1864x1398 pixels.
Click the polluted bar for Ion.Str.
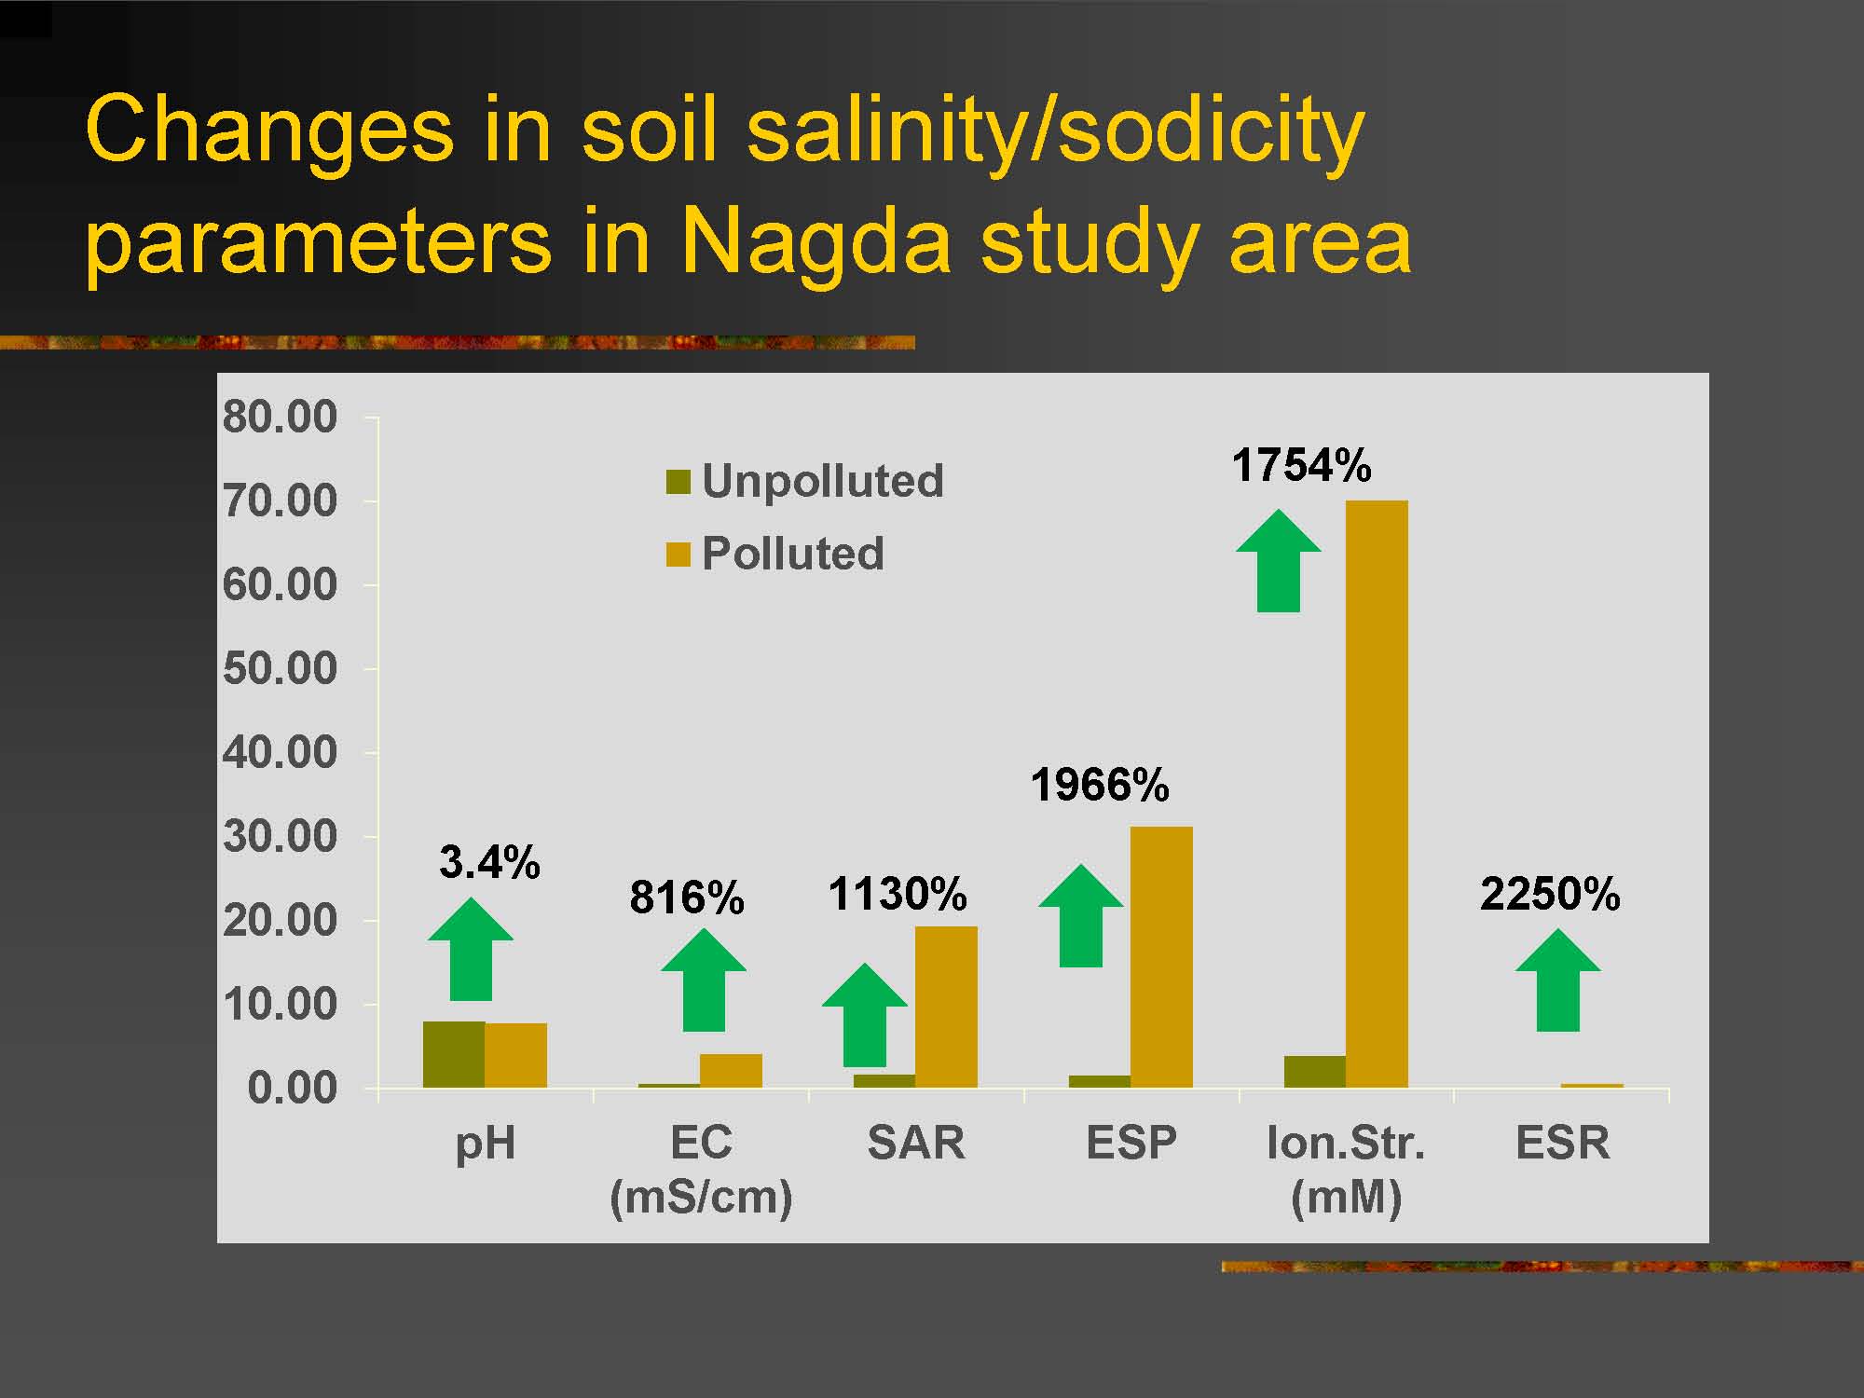click(x=1377, y=794)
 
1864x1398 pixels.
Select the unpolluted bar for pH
click(x=454, y=1054)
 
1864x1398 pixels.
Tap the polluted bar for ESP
click(x=1161, y=957)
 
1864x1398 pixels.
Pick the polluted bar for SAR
click(x=946, y=1007)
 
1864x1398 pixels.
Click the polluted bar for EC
click(x=731, y=1071)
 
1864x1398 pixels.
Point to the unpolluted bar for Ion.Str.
click(x=1315, y=1072)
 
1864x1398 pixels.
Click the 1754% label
click(x=1301, y=465)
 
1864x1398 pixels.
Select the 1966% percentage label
click(x=1100, y=785)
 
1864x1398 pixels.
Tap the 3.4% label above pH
click(x=489, y=862)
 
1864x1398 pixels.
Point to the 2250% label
click(x=1550, y=894)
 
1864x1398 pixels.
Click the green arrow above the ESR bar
click(x=1558, y=980)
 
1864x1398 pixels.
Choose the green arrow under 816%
click(x=704, y=980)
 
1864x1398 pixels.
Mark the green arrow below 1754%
click(x=1279, y=561)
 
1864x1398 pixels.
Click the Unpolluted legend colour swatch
click(x=678, y=482)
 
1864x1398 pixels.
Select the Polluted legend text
click(x=793, y=554)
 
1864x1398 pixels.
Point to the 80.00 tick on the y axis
click(x=280, y=417)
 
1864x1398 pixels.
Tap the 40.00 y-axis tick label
click(x=280, y=752)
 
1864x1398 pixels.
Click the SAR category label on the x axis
click(x=916, y=1143)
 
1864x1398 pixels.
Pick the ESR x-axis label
click(x=1563, y=1143)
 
